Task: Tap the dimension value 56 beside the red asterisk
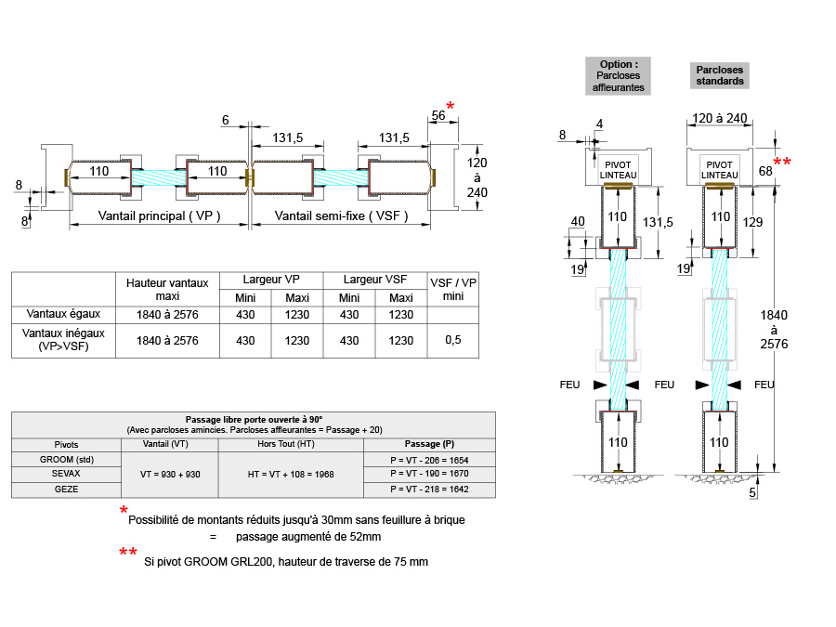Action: point(438,115)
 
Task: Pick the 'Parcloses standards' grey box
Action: point(721,75)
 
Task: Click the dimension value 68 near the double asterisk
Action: point(764,171)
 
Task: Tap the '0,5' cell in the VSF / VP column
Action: point(452,341)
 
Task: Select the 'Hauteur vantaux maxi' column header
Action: point(167,289)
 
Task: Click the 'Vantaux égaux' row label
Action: point(63,314)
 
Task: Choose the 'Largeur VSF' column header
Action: point(375,280)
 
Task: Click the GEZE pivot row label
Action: point(66,489)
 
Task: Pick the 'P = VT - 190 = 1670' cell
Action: point(428,474)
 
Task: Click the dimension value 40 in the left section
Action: point(578,221)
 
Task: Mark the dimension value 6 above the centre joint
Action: point(226,120)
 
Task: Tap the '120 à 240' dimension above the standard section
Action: point(721,118)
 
